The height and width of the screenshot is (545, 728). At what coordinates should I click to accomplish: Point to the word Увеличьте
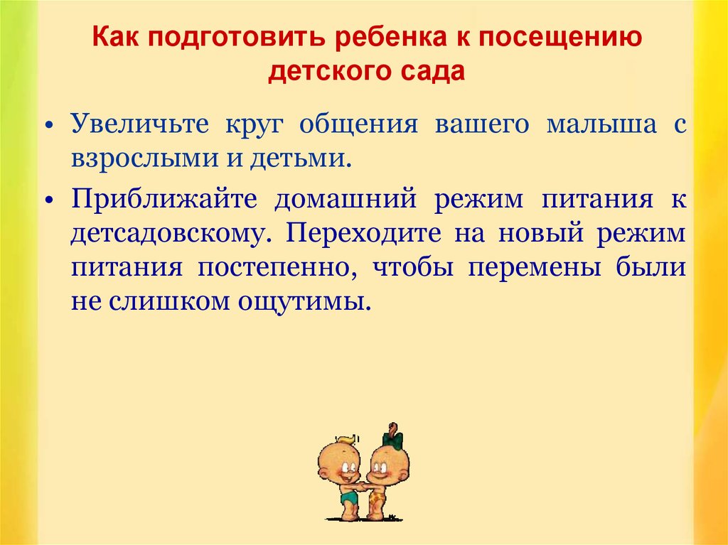pyautogui.click(x=140, y=124)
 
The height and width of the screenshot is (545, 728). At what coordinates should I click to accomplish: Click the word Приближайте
pyautogui.click(x=164, y=199)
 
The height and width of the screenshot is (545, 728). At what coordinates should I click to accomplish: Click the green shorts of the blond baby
pyautogui.click(x=350, y=497)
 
